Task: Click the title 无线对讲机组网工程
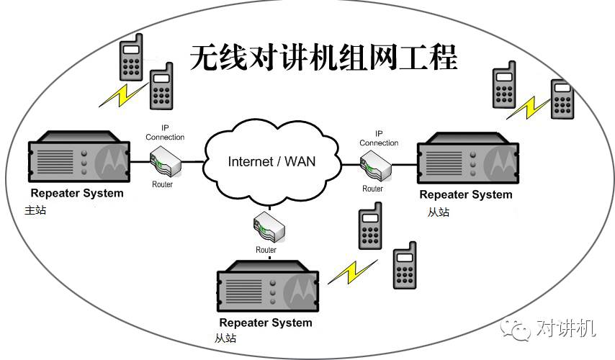[x=323, y=58]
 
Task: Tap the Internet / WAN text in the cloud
[x=271, y=161]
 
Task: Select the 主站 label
[x=35, y=210]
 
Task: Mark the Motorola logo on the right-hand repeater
[x=502, y=163]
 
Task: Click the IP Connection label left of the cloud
[x=165, y=132]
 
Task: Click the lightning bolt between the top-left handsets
[x=120, y=94]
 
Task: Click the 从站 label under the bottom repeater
[x=225, y=338]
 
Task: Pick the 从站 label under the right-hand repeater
[x=438, y=212]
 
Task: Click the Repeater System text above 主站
[x=77, y=193]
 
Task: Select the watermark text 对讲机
[x=566, y=329]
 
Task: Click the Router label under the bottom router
[x=266, y=250]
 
